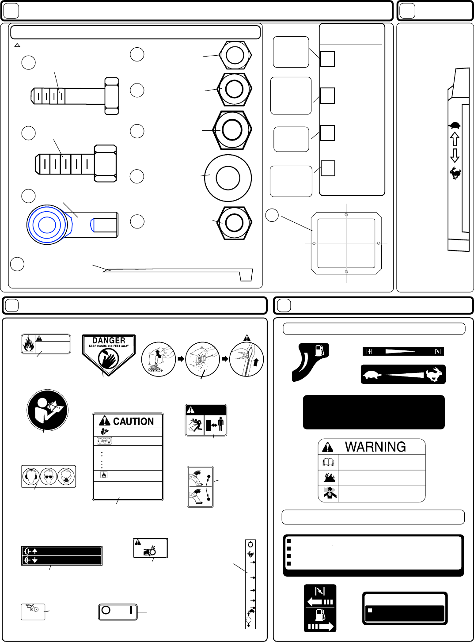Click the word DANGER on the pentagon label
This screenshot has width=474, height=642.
tap(109, 340)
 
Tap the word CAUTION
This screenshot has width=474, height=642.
tap(133, 421)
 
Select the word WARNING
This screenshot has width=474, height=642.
tap(375, 447)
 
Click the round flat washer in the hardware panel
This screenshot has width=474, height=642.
tap(228, 178)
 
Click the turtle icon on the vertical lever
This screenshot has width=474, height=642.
tap(455, 126)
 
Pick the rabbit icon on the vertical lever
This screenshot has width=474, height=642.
tap(455, 173)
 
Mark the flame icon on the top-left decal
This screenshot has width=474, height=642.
tap(28, 344)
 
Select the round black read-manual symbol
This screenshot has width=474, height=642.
tap(47, 410)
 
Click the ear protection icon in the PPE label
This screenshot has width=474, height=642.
tap(30, 476)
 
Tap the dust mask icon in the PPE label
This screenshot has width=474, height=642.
tap(66, 476)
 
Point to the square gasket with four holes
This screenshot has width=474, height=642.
tap(346, 243)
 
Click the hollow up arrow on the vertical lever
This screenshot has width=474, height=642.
tap(455, 140)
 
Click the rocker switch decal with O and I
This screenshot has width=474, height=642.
tap(118, 612)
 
